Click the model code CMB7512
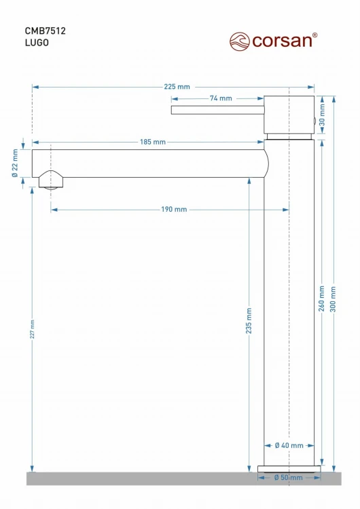tap(45, 31)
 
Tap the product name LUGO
tap(37, 43)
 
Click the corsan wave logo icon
tap(240, 41)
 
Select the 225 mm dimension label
tap(177, 87)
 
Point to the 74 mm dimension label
tap(221, 98)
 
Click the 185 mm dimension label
tap(153, 142)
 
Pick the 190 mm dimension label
tap(174, 210)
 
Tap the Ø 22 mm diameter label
tap(15, 164)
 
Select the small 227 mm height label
tap(32, 329)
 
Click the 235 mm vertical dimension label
tap(249, 321)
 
